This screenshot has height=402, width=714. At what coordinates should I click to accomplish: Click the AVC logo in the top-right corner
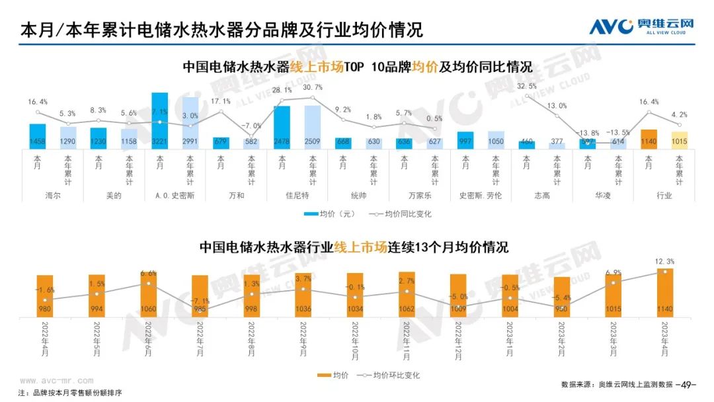click(641, 26)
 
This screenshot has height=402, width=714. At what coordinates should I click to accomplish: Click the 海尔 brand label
click(53, 196)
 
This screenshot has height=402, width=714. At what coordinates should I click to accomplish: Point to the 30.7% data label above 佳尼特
click(313, 88)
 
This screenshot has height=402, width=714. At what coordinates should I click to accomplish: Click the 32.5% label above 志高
click(526, 87)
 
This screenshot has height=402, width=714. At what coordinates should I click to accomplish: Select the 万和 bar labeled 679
click(221, 142)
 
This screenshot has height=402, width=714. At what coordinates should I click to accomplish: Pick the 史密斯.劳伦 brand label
click(480, 196)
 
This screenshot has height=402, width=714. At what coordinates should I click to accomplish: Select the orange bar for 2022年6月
click(149, 294)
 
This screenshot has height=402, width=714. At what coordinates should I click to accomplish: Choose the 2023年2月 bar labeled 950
click(562, 296)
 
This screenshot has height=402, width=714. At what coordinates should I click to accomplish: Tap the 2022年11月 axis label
click(407, 338)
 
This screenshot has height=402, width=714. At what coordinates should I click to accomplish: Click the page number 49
click(689, 384)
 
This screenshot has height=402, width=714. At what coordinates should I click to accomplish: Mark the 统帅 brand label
click(358, 196)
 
